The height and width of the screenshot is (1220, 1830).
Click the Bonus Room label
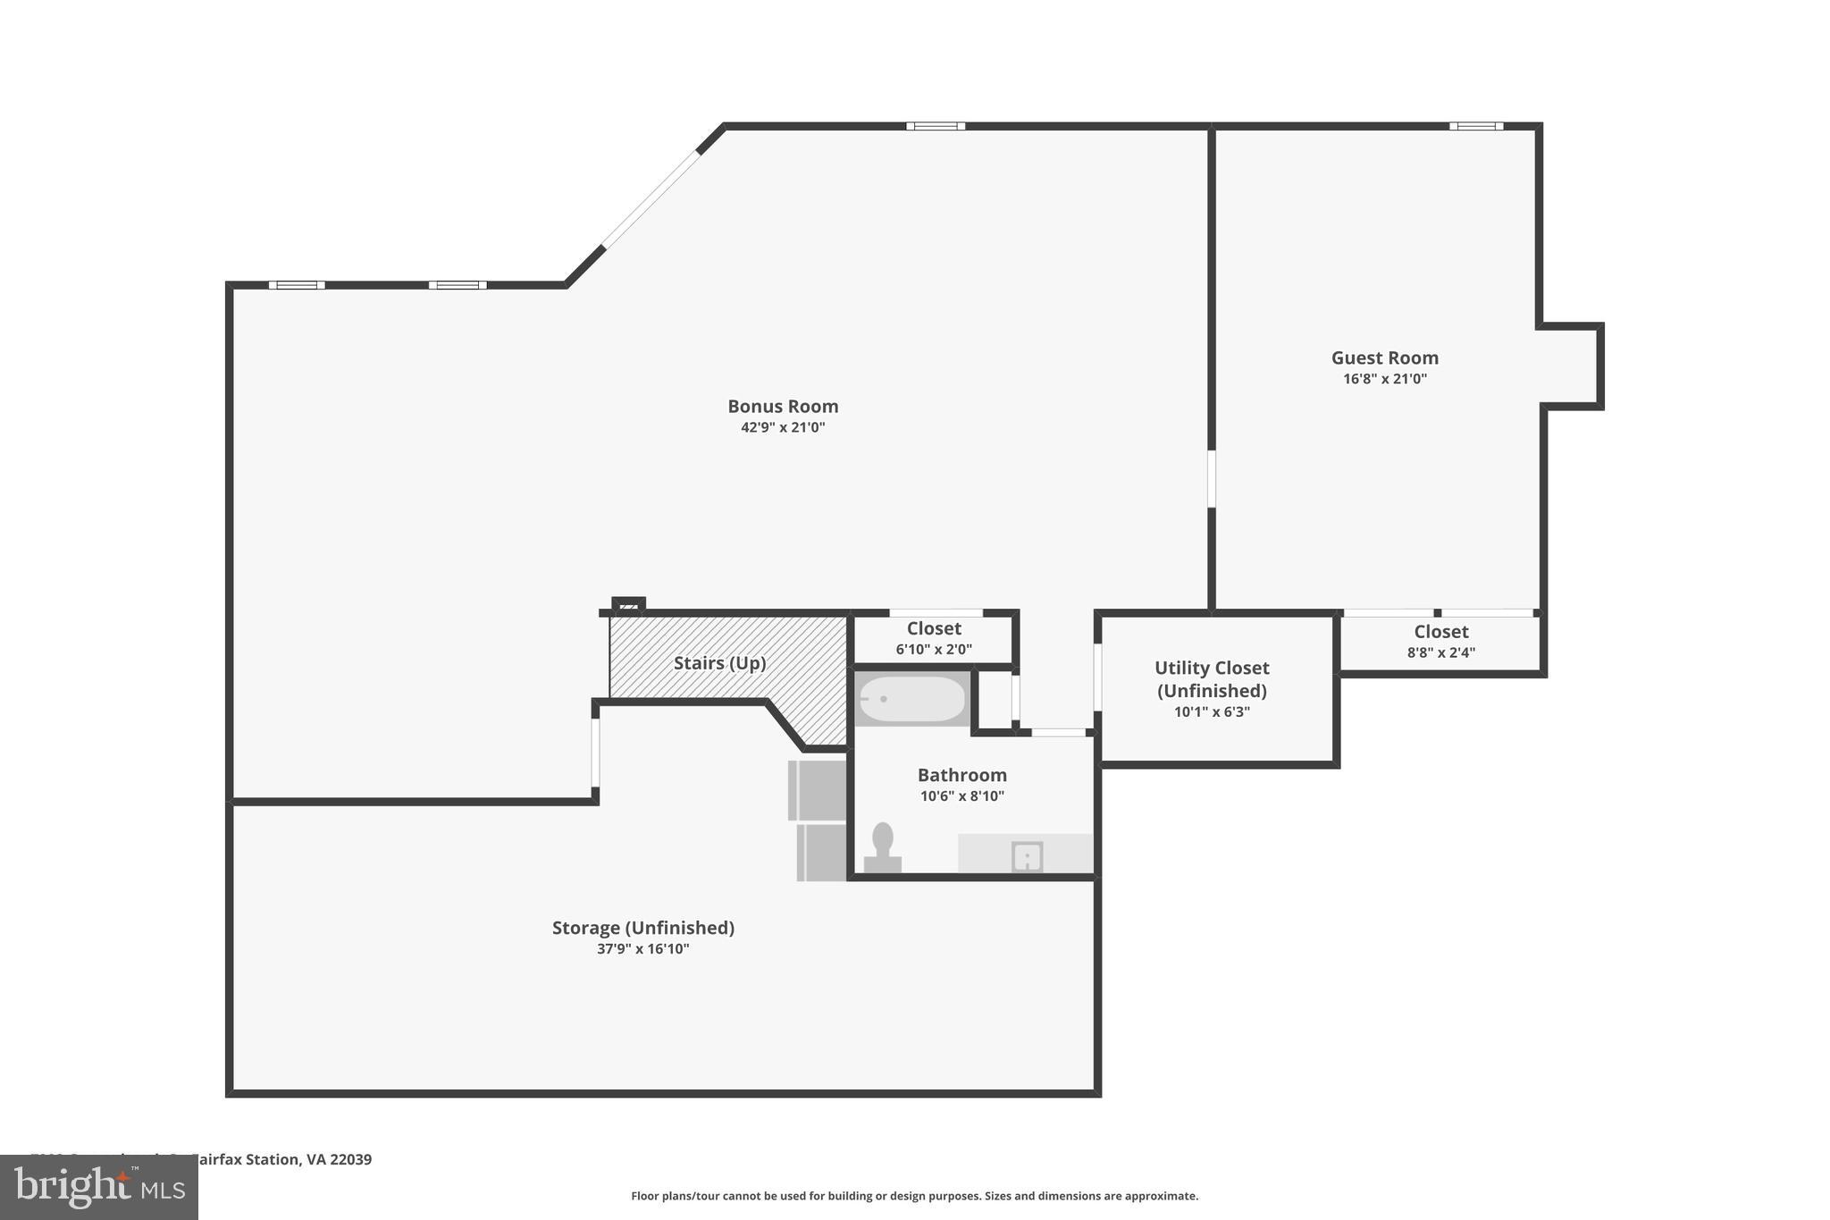pos(783,407)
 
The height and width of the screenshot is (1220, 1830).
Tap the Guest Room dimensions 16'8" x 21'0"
pos(1384,379)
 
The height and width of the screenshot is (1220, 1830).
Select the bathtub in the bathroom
pos(912,699)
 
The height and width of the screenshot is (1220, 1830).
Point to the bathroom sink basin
pos(1027,857)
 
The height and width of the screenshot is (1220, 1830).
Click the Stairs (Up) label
pos(719,663)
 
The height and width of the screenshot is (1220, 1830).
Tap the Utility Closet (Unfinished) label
pos(1212,679)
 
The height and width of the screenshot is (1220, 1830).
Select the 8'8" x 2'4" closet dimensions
pos(1440,652)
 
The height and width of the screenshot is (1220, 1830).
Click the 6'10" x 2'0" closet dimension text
pos(934,650)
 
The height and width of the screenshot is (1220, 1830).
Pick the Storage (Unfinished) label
pos(642,928)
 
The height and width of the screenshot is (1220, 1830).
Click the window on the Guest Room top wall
pos(1475,126)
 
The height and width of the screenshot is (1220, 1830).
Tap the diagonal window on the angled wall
pos(651,198)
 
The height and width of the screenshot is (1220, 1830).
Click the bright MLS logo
pos(99,1187)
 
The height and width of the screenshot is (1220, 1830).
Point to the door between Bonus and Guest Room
pos(1212,479)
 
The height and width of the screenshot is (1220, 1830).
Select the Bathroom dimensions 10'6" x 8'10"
pos(961,796)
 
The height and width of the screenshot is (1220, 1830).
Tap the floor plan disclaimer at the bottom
pos(914,1196)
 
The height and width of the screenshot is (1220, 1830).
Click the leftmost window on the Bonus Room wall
pos(297,285)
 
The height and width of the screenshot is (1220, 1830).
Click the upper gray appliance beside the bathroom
pos(817,789)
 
